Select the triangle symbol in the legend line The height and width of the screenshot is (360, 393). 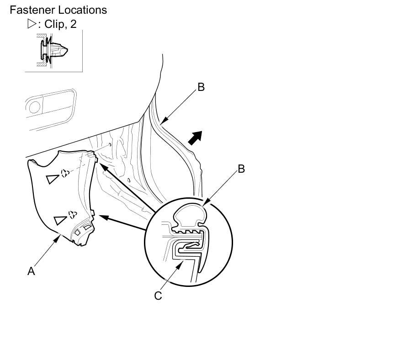(x=32, y=24)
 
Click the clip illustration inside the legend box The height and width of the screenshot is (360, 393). (x=53, y=51)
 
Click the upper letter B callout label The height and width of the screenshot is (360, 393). (x=201, y=87)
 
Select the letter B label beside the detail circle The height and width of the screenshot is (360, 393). (x=241, y=169)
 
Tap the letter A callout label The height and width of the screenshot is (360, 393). (x=31, y=271)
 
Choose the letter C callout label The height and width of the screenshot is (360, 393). (x=158, y=296)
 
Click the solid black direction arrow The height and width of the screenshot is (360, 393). (x=195, y=137)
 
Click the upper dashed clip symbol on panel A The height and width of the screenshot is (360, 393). (x=65, y=173)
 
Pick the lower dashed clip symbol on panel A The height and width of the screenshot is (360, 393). (x=72, y=213)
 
